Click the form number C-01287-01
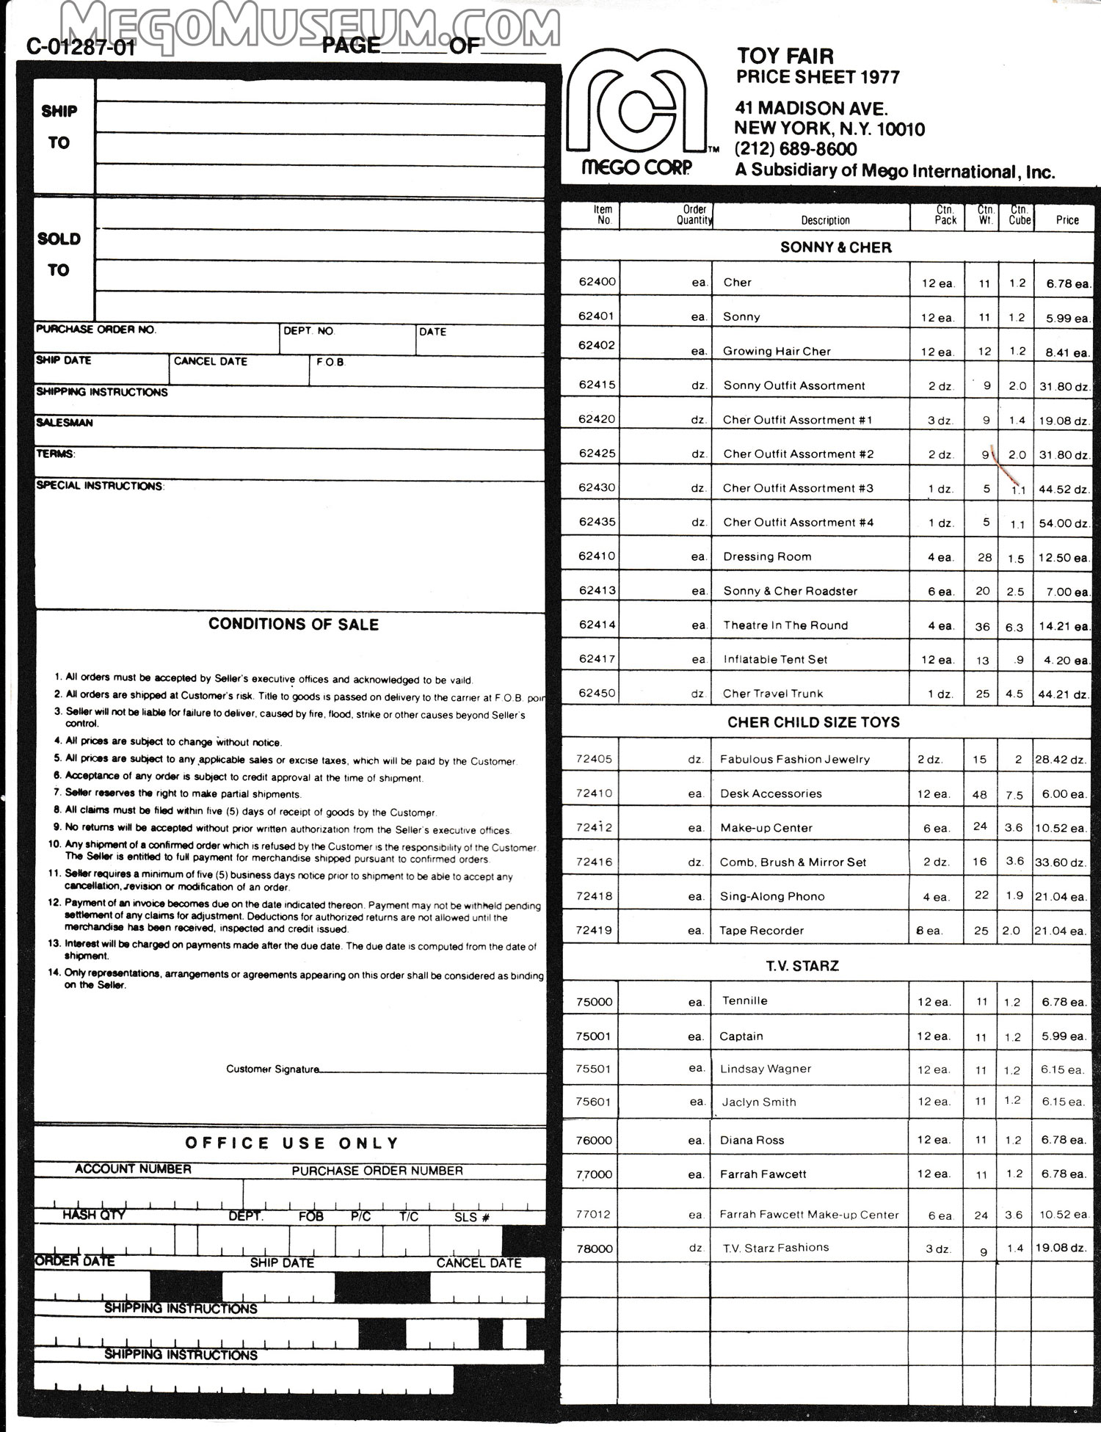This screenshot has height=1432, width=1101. point(81,47)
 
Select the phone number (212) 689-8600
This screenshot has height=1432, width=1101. point(796,149)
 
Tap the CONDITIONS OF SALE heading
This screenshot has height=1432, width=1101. point(294,625)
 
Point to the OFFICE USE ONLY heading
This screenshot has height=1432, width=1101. point(292,1143)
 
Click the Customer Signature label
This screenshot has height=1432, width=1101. point(272,1069)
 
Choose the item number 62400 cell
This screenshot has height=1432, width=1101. point(597,282)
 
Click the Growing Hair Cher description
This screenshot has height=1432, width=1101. point(777,351)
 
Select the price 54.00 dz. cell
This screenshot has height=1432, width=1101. point(1063,523)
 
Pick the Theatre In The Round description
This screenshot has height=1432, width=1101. point(785,625)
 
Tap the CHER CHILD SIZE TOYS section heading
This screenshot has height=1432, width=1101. point(813,722)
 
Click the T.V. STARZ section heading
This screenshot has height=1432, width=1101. point(802,966)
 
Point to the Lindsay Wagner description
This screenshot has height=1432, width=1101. point(766,1069)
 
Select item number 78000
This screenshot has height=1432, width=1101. point(595,1249)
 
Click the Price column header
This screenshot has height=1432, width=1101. point(1067,219)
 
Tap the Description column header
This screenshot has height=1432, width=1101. point(825,220)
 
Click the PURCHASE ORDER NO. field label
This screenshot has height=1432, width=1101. point(96,330)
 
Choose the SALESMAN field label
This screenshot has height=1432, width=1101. point(65,423)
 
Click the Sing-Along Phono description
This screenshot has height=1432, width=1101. point(772,896)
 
